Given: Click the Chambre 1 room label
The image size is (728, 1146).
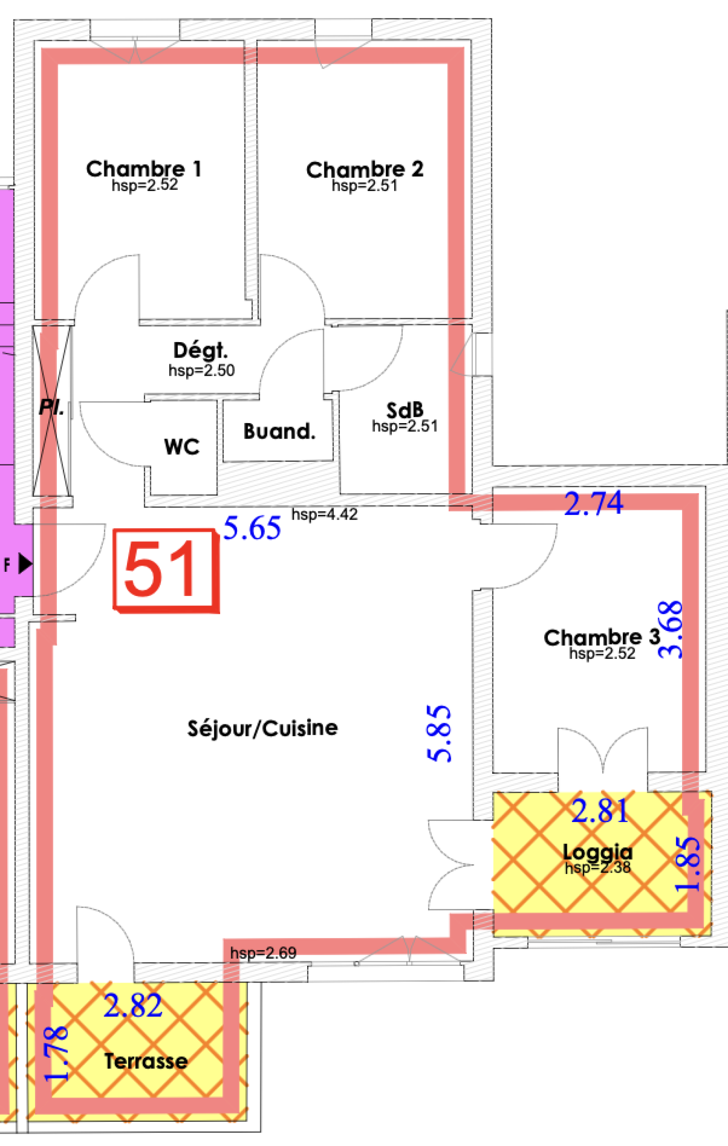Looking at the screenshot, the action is (144, 169).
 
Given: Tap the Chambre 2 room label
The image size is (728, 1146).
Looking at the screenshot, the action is (365, 170).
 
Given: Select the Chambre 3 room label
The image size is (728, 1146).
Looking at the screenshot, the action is (602, 637).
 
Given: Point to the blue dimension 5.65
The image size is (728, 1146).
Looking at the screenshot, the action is (252, 528).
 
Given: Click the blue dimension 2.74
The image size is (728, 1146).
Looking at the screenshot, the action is (593, 503).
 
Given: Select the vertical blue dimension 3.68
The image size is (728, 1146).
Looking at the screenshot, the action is (670, 630).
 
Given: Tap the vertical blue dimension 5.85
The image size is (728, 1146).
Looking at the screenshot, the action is (438, 733).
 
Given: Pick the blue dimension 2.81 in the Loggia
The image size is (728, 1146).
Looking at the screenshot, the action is (600, 811).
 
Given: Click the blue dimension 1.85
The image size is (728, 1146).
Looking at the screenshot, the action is (688, 863).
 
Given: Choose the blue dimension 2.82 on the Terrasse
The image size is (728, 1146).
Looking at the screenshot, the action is (133, 1005).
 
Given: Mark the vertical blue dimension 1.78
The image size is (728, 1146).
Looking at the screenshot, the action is (56, 1054).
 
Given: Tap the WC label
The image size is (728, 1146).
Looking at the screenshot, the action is (182, 447).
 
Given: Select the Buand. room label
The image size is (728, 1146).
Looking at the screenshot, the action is (279, 431).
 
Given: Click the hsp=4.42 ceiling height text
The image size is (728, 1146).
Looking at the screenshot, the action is (325, 515).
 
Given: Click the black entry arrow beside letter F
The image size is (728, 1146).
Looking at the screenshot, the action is (25, 564).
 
